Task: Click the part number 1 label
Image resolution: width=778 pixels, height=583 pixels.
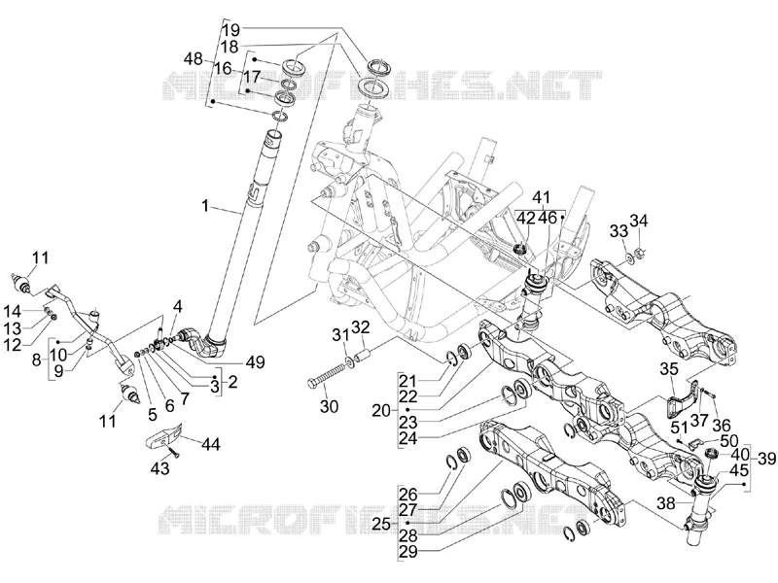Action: (x=205, y=206)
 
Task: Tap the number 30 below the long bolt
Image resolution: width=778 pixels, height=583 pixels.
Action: (x=329, y=406)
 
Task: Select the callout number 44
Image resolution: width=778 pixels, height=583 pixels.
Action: (x=210, y=444)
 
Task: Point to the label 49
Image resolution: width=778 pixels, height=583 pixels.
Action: (x=255, y=361)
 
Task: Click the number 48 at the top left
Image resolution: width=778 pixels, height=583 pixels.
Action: (x=193, y=59)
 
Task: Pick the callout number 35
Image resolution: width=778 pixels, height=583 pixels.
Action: (x=669, y=369)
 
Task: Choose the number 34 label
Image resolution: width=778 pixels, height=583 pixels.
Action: (x=639, y=221)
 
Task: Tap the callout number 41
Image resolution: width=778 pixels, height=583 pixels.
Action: (x=542, y=198)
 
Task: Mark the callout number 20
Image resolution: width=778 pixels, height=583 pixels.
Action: (x=381, y=410)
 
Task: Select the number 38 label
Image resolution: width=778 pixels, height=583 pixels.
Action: (x=666, y=503)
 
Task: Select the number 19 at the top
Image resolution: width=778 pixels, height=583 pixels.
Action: (x=230, y=30)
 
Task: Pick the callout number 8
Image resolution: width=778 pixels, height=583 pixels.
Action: (x=37, y=360)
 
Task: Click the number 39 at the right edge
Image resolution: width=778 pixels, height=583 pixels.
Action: (x=766, y=459)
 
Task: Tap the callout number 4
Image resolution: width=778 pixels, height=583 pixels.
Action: (x=178, y=306)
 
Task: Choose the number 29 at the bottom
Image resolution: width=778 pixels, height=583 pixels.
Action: (x=408, y=552)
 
